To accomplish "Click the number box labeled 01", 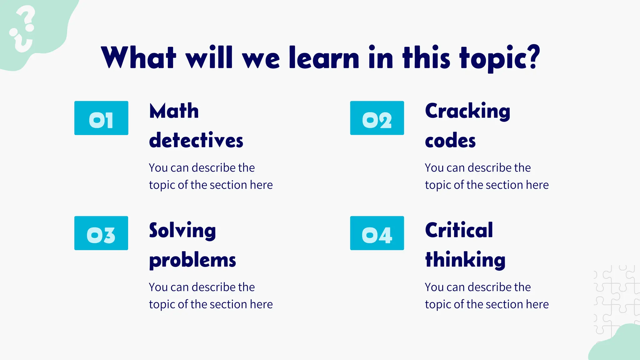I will [x=101, y=118].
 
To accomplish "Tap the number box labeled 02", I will [x=377, y=118].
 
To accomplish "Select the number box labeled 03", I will [x=101, y=233].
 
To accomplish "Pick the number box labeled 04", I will [x=377, y=233].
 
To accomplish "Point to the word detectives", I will [x=196, y=140].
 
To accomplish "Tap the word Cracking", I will [x=467, y=112].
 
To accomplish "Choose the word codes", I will [x=450, y=141].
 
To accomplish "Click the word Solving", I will [x=182, y=231].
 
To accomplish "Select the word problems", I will [x=192, y=260].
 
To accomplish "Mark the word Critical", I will [x=459, y=230].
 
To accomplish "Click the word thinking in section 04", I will [x=465, y=260].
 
